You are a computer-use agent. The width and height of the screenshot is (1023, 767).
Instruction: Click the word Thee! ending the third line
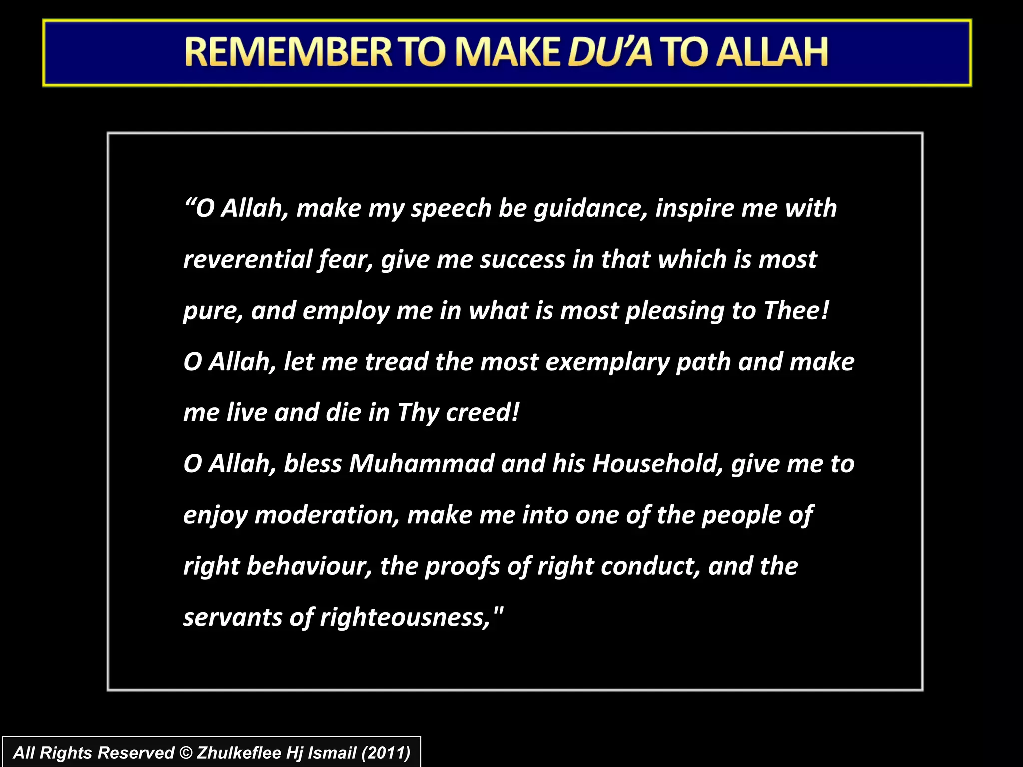[x=796, y=311]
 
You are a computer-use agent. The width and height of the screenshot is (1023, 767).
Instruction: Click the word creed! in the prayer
[x=483, y=413]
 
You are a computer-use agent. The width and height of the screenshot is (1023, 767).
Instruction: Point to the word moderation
[x=327, y=515]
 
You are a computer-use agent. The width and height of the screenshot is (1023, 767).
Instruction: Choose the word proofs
[x=462, y=567]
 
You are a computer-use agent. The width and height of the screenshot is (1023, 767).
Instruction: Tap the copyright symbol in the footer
[x=185, y=753]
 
